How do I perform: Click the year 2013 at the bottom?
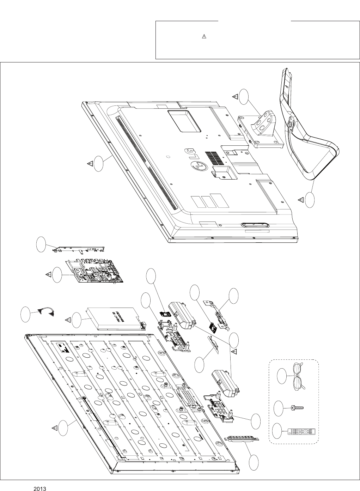(x=41, y=489)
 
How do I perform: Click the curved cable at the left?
(x=45, y=311)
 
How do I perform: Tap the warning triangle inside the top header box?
(x=204, y=37)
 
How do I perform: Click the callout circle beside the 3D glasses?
(x=282, y=376)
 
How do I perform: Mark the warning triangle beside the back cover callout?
(x=90, y=164)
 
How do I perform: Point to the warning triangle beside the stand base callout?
(x=301, y=200)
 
